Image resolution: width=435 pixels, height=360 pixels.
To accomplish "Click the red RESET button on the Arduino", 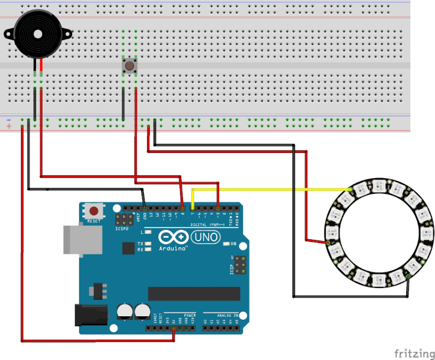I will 94,211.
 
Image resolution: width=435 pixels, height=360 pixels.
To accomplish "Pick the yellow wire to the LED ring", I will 270,190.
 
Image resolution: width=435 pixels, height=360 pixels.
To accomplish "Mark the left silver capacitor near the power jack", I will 124,311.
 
